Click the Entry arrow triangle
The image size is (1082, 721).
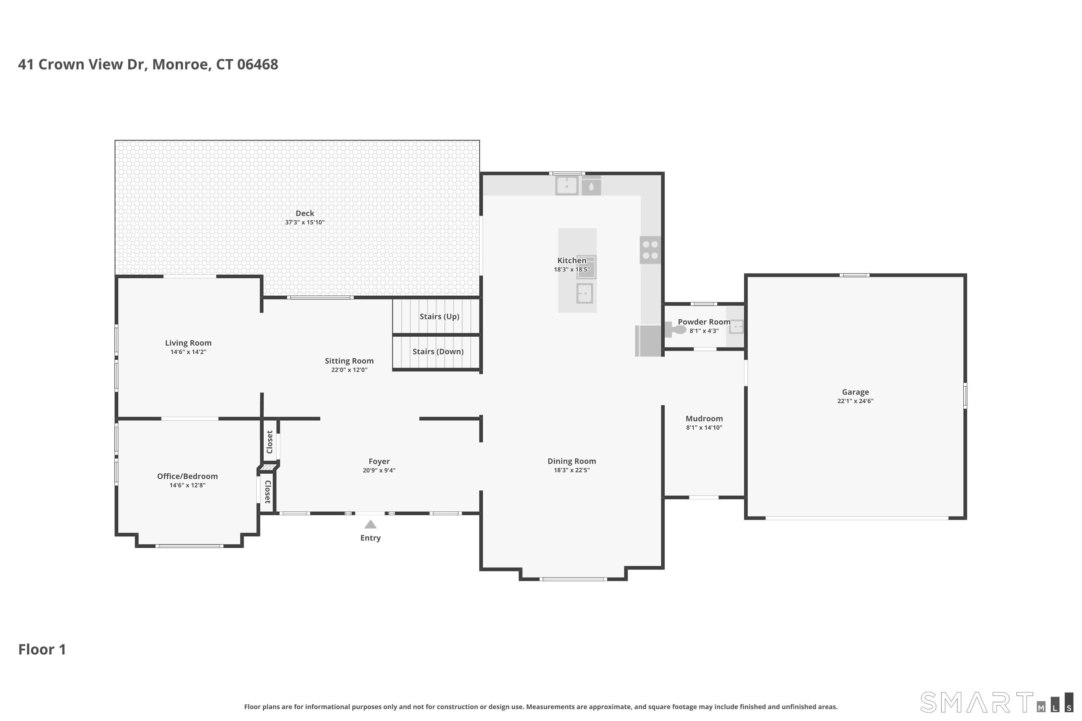click(x=370, y=524)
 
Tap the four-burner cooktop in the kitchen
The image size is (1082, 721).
click(x=650, y=250)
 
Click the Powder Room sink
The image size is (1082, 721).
click(x=736, y=327)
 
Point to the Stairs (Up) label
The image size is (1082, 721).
click(x=439, y=317)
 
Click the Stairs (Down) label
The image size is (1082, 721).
click(x=438, y=351)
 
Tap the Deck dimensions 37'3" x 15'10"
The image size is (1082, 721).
click(x=304, y=222)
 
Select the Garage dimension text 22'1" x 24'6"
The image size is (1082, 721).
click(x=855, y=401)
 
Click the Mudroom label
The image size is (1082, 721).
click(x=704, y=419)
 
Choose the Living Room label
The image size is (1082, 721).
click(x=188, y=343)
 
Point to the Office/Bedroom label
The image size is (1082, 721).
click(x=187, y=476)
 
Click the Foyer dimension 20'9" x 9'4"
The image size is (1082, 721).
click(x=379, y=470)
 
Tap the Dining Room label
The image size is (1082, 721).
click(x=572, y=461)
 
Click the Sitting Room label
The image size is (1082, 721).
click(x=349, y=361)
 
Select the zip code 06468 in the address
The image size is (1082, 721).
click(x=258, y=65)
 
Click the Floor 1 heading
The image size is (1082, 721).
click(x=42, y=649)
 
